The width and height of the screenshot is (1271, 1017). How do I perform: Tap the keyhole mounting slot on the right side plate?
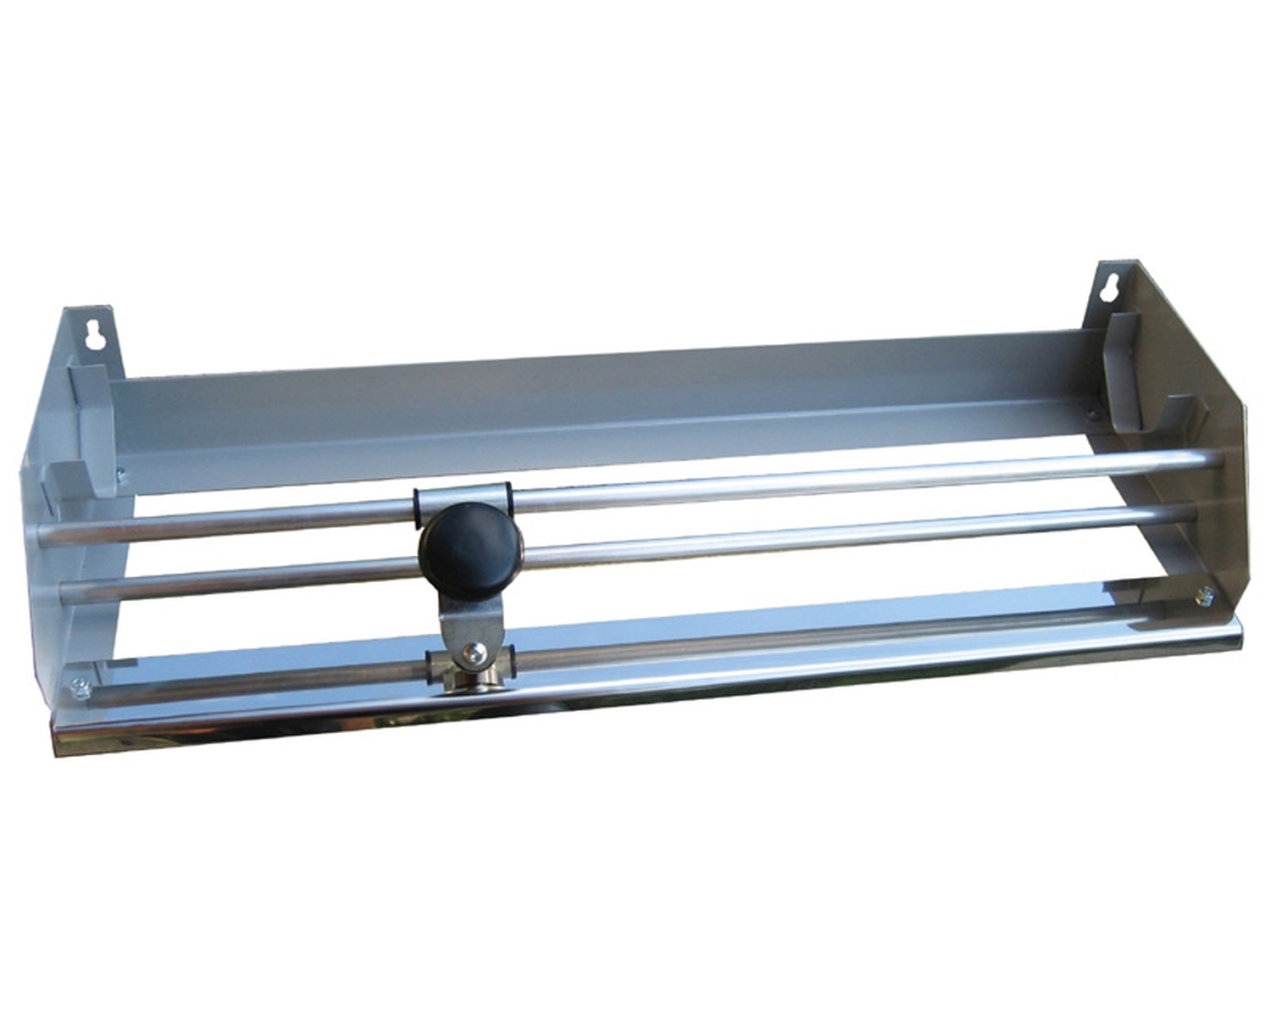pos(1106,290)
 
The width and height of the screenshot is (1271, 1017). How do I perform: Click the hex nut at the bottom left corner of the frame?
pos(81,689)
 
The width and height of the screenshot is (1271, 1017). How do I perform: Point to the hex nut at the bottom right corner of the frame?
pos(1202,597)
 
